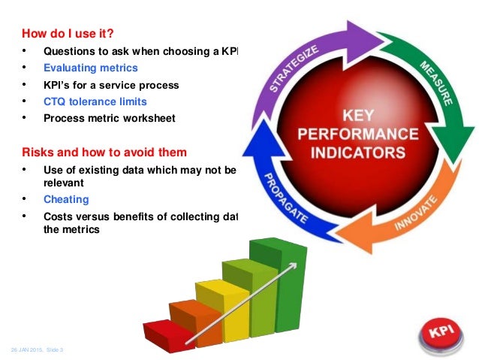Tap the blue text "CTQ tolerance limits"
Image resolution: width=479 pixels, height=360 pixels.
coord(95,101)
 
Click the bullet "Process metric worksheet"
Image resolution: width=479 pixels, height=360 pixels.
coord(109,118)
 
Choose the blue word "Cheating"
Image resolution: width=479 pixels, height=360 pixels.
coord(66,199)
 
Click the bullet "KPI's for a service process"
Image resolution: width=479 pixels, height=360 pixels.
coord(111,85)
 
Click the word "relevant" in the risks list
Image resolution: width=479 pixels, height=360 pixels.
coord(65,183)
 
